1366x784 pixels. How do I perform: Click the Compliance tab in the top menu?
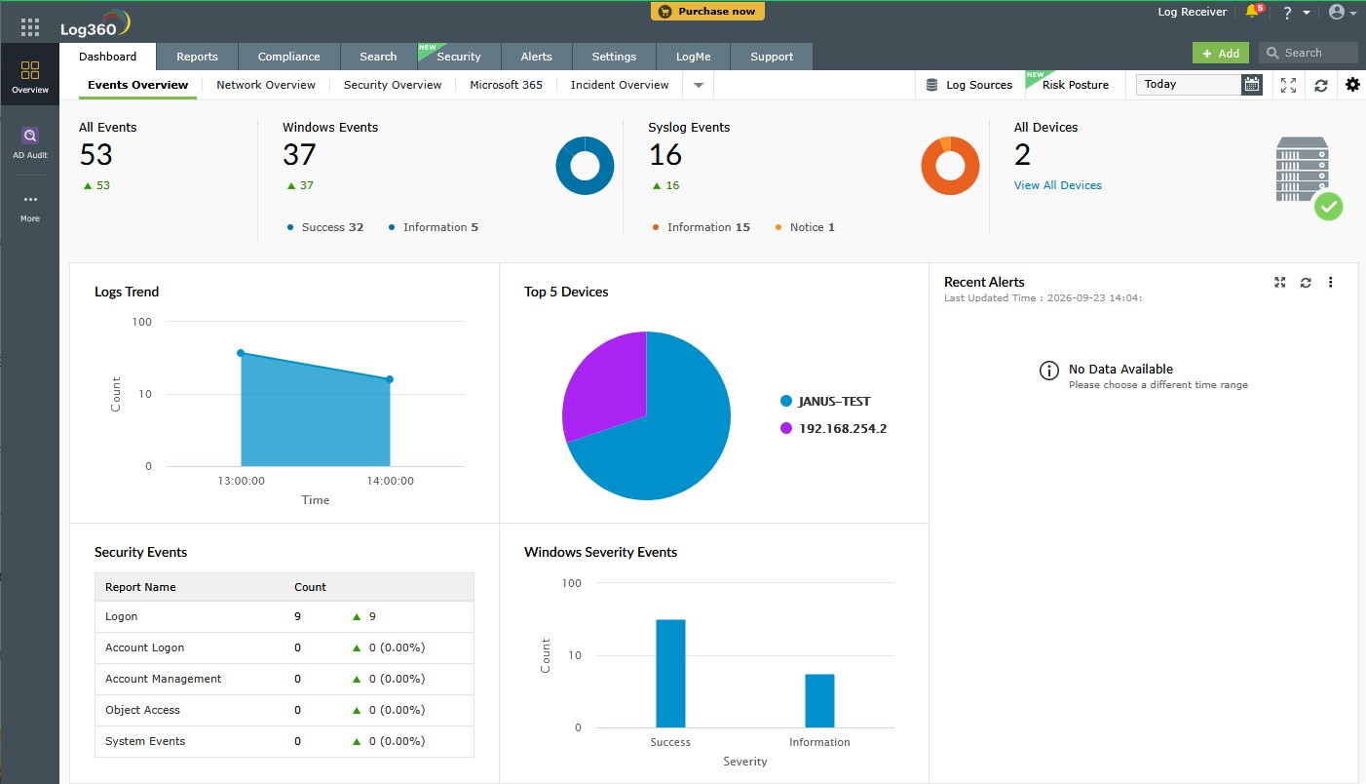288,57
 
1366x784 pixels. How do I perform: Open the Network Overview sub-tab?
266,85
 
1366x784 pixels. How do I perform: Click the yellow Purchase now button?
707,11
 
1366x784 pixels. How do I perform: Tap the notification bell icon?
1252,11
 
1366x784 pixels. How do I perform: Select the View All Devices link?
1057,185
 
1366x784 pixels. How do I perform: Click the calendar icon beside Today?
1251,84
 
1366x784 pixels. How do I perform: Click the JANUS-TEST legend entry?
825,401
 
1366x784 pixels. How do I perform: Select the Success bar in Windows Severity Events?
670,674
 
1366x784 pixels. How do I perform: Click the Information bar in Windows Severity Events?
819,700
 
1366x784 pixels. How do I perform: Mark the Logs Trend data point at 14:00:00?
390,379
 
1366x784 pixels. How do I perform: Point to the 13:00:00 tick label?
241,481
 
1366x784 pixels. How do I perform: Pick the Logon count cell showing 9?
297,616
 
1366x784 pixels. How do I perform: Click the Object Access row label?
142,710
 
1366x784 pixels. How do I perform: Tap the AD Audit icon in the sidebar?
30,136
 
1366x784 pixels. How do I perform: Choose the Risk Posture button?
1075,85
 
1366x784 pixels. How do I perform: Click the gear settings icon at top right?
1352,84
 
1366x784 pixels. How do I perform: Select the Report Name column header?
140,587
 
